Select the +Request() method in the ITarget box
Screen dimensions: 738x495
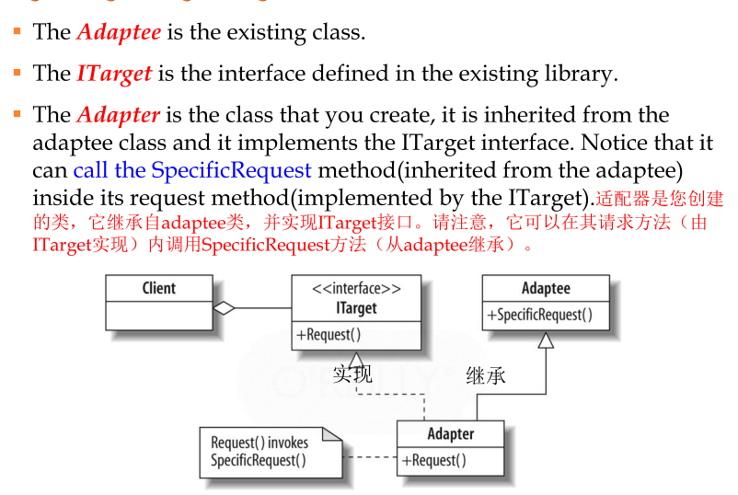329,335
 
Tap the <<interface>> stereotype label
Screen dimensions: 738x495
356,288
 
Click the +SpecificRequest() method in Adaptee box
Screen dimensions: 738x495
546,315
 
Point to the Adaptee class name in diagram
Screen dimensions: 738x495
546,289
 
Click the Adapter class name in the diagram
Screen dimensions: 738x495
451,433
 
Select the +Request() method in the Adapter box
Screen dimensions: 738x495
433,460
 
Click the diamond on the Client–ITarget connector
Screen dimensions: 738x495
224,309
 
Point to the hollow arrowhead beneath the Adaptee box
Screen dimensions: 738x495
546,340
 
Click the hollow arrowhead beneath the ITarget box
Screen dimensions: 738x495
355,360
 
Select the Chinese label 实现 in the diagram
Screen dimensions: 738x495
352,374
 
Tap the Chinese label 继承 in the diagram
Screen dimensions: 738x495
486,375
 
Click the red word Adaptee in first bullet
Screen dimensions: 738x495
119,32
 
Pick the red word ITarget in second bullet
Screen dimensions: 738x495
114,74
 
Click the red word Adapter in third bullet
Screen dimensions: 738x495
119,115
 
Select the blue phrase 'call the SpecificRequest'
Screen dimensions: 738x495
192,170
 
